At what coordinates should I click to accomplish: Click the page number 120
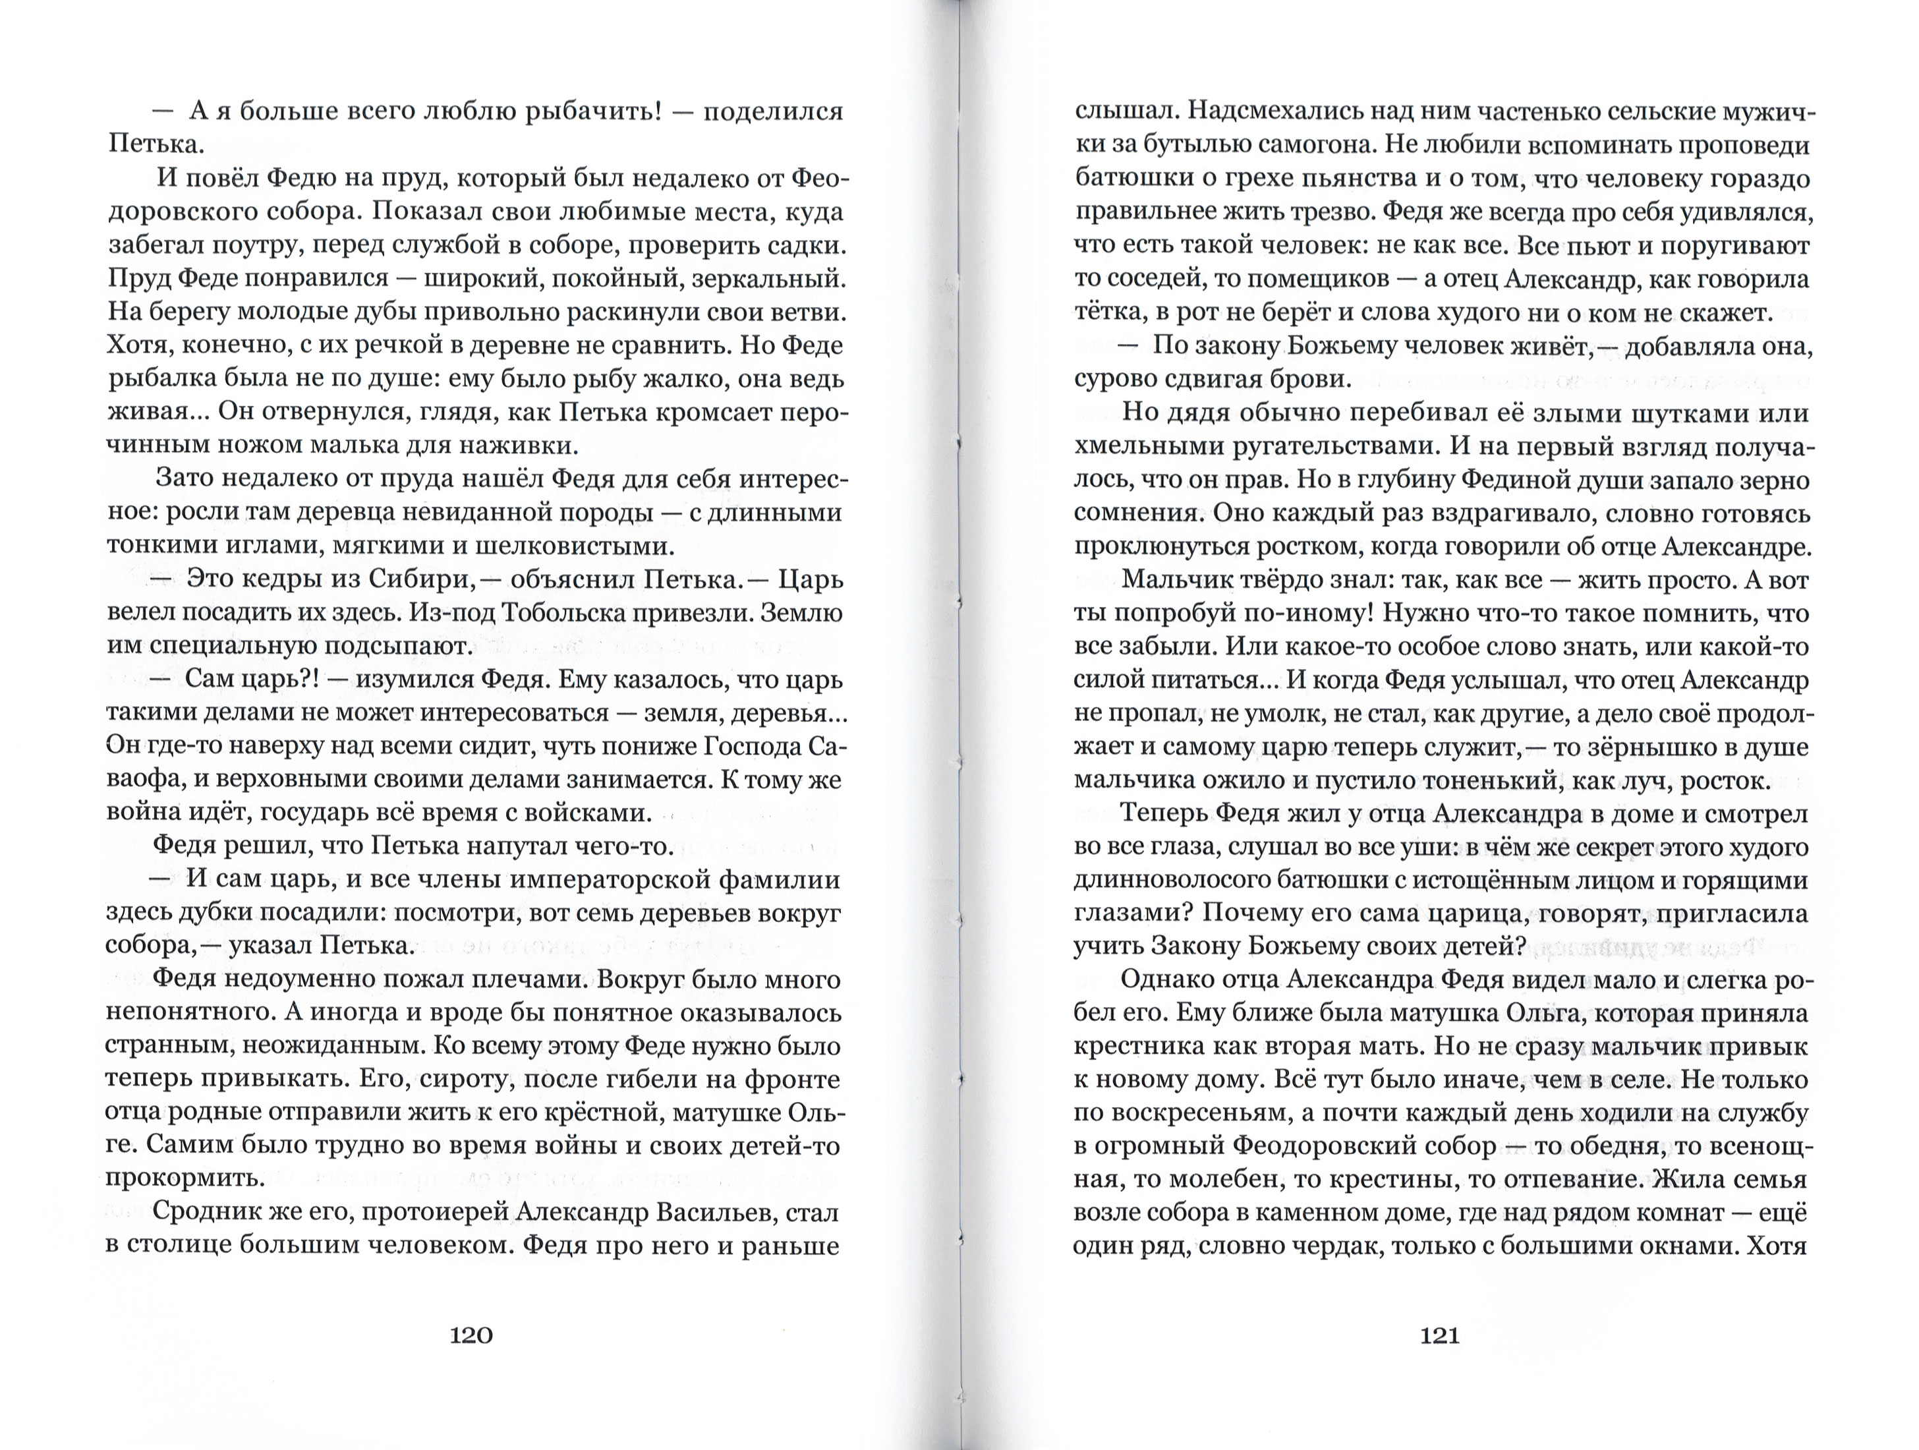(471, 1335)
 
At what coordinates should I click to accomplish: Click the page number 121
(1439, 1335)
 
